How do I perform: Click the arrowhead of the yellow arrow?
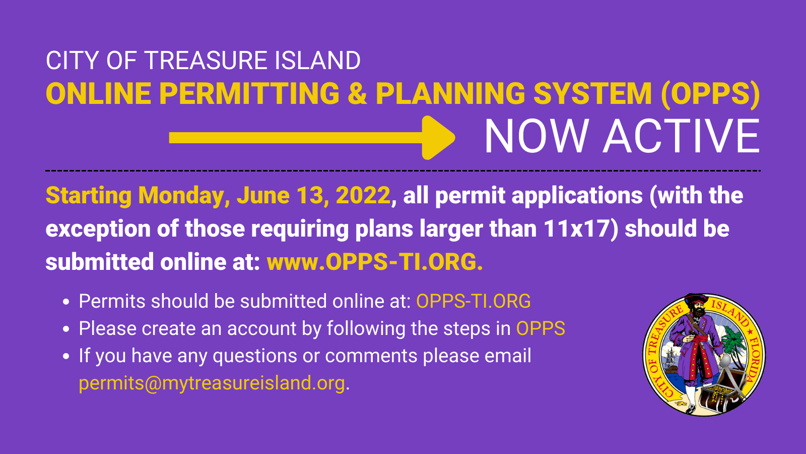coord(437,138)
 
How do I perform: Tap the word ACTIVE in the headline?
coord(682,137)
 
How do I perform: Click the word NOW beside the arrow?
coord(536,137)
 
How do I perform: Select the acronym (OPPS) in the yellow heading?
coord(710,94)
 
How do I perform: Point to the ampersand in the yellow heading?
coord(357,94)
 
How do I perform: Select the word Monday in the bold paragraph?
coord(181,196)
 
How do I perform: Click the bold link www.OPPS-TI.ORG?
coord(375,262)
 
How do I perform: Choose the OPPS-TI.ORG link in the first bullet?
coord(473,301)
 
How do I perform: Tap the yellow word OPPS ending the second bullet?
coord(541,328)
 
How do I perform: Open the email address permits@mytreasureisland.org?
coord(212,383)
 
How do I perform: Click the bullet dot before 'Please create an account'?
coord(66,329)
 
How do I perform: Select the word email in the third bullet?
coord(507,356)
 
